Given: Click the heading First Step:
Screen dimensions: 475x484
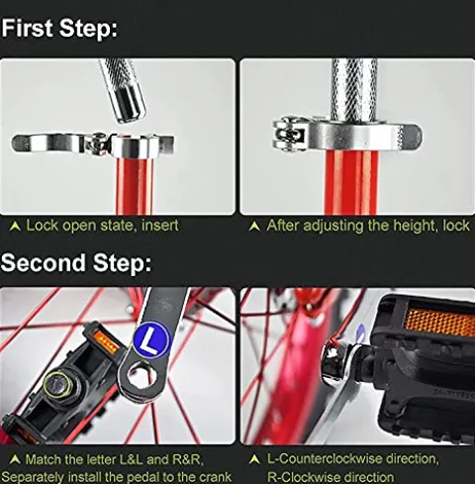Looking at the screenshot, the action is pyautogui.click(x=59, y=29).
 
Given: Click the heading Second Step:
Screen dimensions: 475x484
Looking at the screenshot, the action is pyautogui.click(x=76, y=263).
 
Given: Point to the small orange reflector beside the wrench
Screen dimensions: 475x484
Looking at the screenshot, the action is pyautogui.click(x=106, y=341).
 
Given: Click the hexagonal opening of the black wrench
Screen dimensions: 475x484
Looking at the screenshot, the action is pyautogui.click(x=141, y=374).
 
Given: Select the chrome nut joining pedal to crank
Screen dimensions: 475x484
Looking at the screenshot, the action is pyautogui.click(x=337, y=362).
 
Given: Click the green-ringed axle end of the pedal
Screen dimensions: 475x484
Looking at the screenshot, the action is pyautogui.click(x=57, y=385).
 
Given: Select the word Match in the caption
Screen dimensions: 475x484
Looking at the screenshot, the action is pyautogui.click(x=43, y=459).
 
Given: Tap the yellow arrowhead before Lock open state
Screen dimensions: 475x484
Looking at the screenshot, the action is pyautogui.click(x=15, y=227).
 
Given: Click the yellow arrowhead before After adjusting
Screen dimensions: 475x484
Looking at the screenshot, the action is pyautogui.click(x=254, y=227).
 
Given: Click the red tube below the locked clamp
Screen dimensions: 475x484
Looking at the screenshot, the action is pyautogui.click(x=351, y=184).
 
